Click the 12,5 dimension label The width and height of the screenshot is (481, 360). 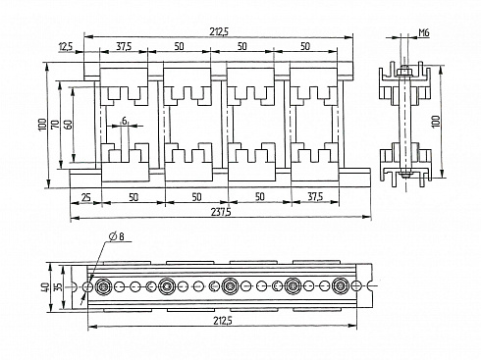coord(66,47)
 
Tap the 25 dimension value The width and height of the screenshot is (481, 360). coord(85,197)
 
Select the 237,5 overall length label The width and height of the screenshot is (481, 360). coord(221,212)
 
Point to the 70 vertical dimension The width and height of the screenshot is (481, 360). coord(55,125)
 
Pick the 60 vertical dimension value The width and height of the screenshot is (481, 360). coord(68,125)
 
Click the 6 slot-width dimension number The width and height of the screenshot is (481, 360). coord(125,121)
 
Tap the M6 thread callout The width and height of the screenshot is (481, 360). coord(424,32)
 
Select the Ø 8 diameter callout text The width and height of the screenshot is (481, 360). coord(117,236)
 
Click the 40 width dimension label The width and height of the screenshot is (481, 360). coord(45,287)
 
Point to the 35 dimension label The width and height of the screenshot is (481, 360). coord(57,287)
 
